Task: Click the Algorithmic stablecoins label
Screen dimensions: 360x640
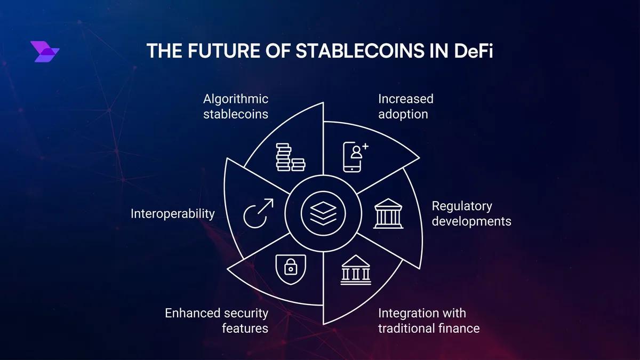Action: [236, 106]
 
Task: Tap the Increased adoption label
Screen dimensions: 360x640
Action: [405, 106]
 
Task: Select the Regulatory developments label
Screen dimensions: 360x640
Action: [471, 213]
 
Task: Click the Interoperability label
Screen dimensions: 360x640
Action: [173, 214]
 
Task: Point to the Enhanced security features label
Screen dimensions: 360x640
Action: [217, 320]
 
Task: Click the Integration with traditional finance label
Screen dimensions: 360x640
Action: [428, 320]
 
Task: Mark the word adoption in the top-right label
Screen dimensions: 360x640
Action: [403, 114]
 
